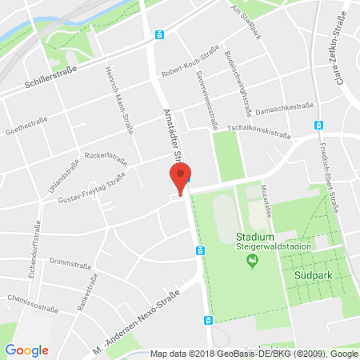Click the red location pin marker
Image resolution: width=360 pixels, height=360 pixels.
click(181, 178)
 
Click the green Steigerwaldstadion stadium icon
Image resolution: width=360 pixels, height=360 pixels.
click(251, 262)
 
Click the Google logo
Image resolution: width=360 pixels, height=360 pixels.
click(26, 350)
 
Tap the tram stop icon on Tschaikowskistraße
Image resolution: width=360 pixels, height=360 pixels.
click(318, 125)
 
